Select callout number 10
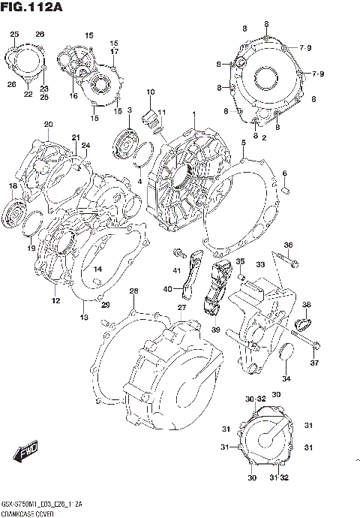150,92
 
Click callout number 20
48,125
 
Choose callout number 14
97,269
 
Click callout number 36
288,245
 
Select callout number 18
13,185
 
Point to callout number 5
243,142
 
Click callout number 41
178,270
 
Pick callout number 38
306,304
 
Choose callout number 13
84,318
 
